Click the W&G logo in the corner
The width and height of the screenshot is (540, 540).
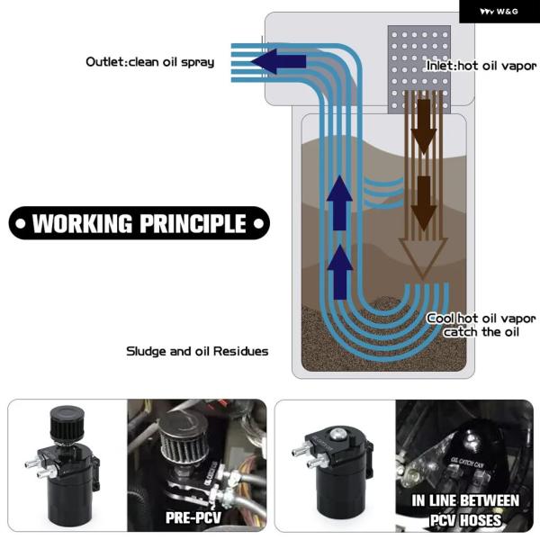point(499,12)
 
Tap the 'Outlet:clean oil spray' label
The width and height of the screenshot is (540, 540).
point(150,62)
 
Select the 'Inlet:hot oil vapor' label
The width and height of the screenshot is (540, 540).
point(480,65)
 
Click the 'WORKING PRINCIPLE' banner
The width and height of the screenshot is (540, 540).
point(139,223)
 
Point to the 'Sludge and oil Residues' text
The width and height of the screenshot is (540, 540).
point(197,351)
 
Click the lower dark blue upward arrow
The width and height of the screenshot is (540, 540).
point(338,271)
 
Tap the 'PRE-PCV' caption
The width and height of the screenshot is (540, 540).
point(193,518)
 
